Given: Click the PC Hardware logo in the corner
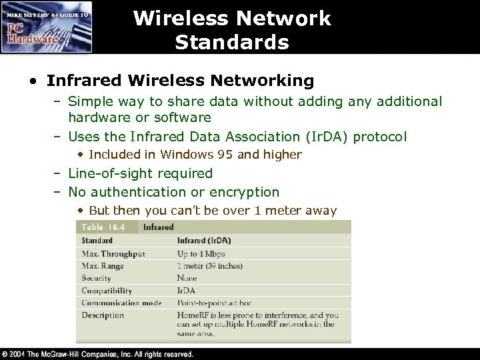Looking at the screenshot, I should point(47,27).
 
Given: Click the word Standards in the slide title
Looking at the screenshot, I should point(231,43).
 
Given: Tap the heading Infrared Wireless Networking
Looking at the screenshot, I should point(180,81).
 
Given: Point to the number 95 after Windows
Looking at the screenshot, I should point(225,155).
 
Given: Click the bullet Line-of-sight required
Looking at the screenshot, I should point(140,173).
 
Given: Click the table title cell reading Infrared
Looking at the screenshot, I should point(158,227).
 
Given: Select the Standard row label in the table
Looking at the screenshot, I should point(97,240).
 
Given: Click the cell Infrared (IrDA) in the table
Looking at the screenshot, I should point(205,240).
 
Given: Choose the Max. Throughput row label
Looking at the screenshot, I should point(113,254).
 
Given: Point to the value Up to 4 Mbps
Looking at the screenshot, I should point(201,254).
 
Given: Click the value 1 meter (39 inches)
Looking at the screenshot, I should point(211,266).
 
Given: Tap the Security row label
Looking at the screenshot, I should point(96,278).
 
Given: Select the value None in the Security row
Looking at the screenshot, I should point(187,278).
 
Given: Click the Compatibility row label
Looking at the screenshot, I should point(107,291).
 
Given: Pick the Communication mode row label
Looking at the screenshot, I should point(121,303).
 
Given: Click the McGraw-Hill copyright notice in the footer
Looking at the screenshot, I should point(97,354).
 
